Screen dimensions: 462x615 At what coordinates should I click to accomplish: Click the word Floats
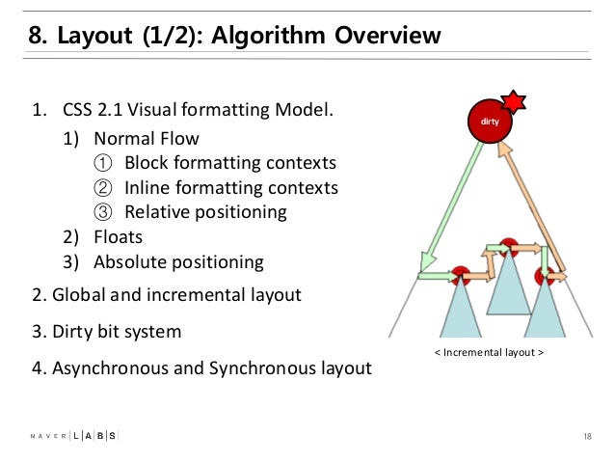[x=119, y=235]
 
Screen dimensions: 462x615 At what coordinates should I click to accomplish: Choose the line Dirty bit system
[x=106, y=331]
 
